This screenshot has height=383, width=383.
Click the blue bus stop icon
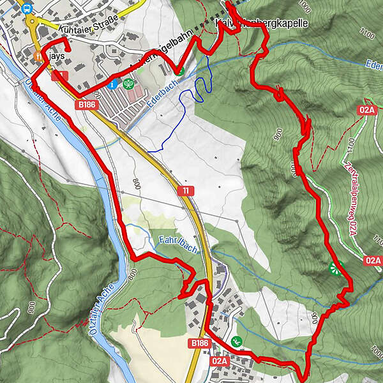(27, 8)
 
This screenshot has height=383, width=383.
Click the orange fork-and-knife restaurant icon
(39, 56)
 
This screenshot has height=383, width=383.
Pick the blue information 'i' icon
(114, 84)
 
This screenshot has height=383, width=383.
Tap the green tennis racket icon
(129, 83)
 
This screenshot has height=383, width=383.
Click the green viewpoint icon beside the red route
(335, 268)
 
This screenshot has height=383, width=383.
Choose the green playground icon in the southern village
(237, 341)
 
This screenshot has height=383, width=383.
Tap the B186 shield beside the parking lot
(87, 103)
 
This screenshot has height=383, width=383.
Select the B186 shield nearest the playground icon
(200, 343)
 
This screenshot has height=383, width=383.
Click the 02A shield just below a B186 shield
(219, 361)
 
